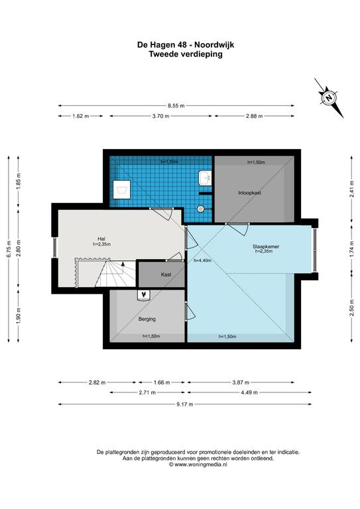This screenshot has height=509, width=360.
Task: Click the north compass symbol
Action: click(329, 97)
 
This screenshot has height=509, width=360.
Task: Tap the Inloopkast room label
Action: click(250, 192)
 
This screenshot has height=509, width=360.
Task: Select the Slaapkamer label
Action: click(266, 247)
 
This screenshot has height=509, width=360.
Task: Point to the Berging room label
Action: click(147, 319)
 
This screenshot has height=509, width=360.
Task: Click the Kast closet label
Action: click(166, 274)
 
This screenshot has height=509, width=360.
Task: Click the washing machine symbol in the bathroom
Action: click(122, 190)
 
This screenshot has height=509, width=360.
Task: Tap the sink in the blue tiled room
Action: click(204, 178)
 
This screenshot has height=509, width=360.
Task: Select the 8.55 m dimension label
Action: click(176, 105)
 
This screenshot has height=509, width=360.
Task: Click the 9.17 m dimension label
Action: click(185, 404)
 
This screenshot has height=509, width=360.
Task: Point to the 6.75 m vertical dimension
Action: click(9, 249)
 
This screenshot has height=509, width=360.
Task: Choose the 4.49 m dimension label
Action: click(249, 392)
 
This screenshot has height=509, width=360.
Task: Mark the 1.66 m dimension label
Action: click(162, 382)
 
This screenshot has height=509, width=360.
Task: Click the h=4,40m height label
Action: click(203, 260)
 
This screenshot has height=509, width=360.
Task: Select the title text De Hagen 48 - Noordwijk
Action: click(186, 44)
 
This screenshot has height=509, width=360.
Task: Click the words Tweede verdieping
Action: click(186, 54)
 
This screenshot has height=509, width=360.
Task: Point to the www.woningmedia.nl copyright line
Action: click(198, 465)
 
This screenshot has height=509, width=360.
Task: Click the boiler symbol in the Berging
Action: click(143, 295)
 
